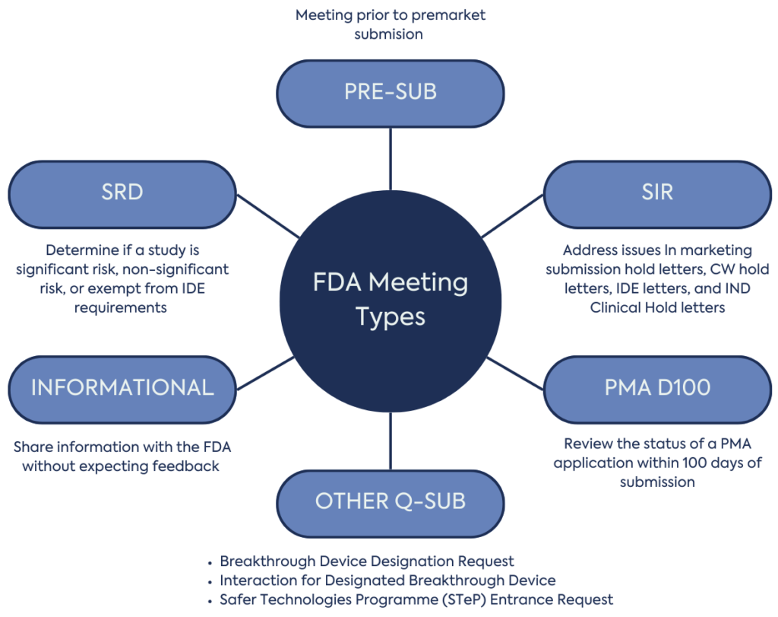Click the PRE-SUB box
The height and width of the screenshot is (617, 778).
(x=390, y=93)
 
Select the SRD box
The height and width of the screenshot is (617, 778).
(x=122, y=193)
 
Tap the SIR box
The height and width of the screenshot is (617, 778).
(x=657, y=193)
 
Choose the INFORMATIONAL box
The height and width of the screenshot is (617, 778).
(x=122, y=388)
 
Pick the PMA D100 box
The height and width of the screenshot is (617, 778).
(x=657, y=388)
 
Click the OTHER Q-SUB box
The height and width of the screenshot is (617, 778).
(x=390, y=502)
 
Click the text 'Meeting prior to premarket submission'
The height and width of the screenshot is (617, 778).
(x=390, y=24)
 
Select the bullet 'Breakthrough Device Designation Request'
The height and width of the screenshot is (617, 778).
(x=367, y=561)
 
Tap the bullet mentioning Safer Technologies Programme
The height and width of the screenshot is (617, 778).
(x=416, y=600)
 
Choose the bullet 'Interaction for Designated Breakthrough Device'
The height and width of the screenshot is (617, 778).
(x=387, y=580)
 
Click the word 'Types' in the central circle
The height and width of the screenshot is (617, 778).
(x=390, y=316)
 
